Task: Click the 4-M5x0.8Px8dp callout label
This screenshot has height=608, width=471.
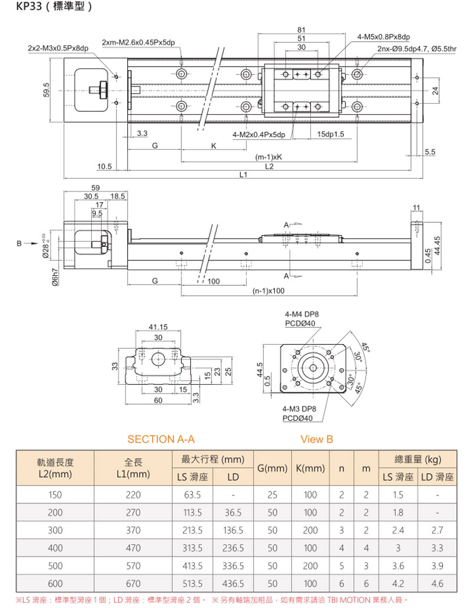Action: [x=383, y=37]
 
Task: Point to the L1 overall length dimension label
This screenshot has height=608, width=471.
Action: [x=243, y=175]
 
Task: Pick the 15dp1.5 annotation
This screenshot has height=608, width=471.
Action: [x=330, y=135]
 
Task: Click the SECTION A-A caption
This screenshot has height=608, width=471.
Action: [x=161, y=440]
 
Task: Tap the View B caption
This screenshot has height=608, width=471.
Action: [x=317, y=440]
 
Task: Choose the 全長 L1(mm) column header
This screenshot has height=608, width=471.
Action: [x=134, y=468]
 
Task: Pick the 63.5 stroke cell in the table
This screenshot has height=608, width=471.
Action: [x=193, y=495]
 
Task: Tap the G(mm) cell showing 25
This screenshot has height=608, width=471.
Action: [x=271, y=495]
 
